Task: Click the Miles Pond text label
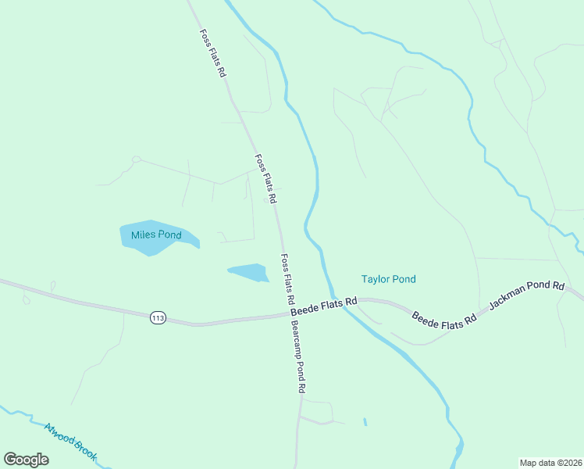[x=156, y=235]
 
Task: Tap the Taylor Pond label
[x=388, y=279]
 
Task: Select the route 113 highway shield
[x=158, y=317]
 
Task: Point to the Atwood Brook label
[x=70, y=442]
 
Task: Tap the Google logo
[x=27, y=459]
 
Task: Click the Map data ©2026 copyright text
[x=551, y=463]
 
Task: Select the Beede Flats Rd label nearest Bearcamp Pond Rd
[x=323, y=306]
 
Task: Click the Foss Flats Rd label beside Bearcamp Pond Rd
[x=287, y=279]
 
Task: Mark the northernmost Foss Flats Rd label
[x=212, y=53]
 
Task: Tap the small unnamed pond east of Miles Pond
[x=249, y=272]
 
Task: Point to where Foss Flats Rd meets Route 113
[x=287, y=315]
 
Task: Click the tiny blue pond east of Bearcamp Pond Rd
[x=365, y=422]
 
